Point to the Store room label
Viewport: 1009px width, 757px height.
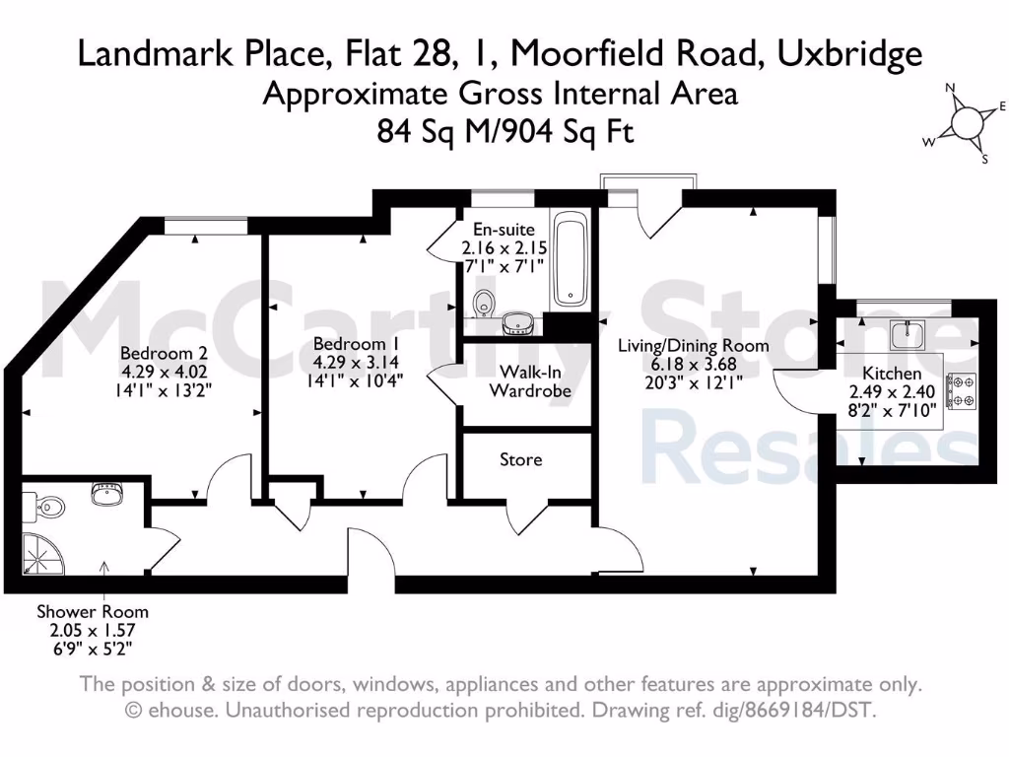(520, 459)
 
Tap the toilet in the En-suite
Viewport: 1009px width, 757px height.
(483, 304)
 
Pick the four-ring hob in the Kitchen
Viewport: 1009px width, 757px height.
(960, 390)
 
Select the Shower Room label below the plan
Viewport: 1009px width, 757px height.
(92, 611)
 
